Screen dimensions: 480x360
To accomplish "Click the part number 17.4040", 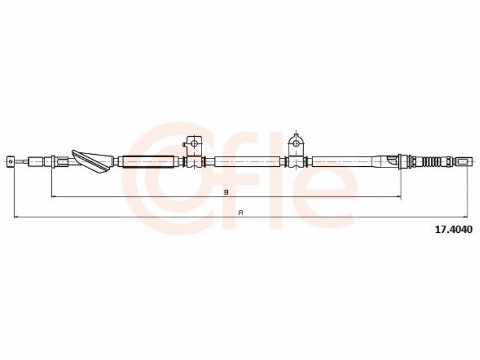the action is click(454, 229).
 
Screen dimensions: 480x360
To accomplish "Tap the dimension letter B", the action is click(226, 192).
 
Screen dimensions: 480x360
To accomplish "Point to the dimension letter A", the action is click(241, 213).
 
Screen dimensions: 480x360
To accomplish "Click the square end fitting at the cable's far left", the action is click(10, 161).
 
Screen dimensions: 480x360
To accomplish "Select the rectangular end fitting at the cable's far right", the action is click(462, 161).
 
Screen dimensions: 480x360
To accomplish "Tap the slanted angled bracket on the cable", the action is click(92, 161).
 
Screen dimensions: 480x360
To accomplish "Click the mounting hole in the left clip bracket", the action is click(193, 143).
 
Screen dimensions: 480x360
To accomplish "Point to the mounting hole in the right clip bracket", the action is click(296, 143).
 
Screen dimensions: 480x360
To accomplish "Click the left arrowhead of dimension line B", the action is click(53, 196).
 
